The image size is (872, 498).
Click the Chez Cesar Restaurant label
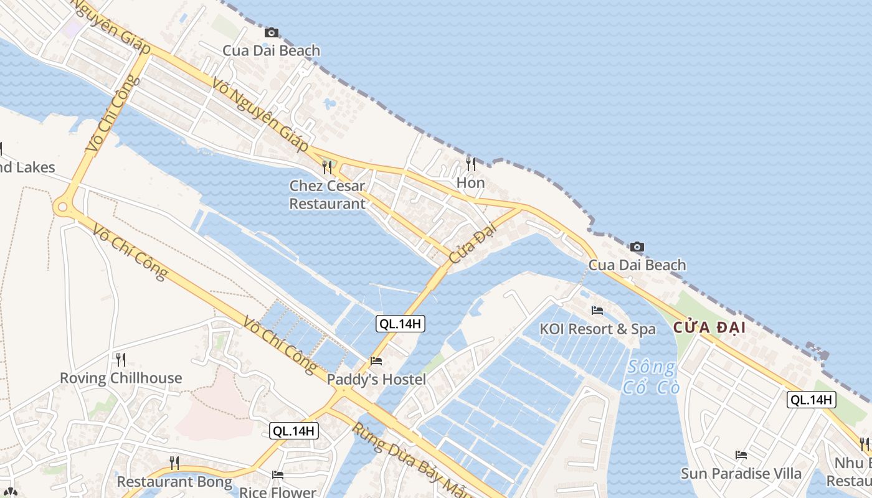327,195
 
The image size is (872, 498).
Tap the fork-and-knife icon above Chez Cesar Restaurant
327,167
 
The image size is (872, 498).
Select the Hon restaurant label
470,183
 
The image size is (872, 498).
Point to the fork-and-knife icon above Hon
471,164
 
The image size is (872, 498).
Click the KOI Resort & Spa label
597,329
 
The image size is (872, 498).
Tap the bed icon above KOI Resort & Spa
597,310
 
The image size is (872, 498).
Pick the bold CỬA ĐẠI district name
709,327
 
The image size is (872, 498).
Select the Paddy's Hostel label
376,380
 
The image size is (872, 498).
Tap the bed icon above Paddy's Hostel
376,360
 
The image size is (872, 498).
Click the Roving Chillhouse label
121,378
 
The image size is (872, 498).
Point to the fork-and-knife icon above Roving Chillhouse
121,359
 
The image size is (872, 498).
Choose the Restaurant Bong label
174,482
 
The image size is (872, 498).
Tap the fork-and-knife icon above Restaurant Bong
174,463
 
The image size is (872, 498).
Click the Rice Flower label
278,492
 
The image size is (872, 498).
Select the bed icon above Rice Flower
278,474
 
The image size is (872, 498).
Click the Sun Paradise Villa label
741,474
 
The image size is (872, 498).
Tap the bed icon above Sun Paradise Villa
741,455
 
